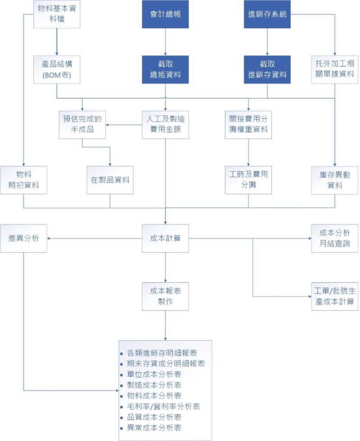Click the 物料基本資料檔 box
click(x=57, y=14)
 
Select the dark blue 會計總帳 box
click(x=165, y=14)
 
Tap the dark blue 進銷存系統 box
click(x=267, y=14)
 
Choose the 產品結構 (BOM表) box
click(x=57, y=69)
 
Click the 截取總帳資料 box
click(x=165, y=69)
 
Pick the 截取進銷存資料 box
click(x=267, y=69)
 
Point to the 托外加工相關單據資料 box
click(x=335, y=69)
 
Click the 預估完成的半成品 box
click(x=82, y=125)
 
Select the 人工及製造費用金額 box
click(x=165, y=125)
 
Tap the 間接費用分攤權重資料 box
click(x=248, y=125)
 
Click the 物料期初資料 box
click(x=24, y=180)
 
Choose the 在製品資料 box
click(x=110, y=180)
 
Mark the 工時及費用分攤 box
click(x=248, y=180)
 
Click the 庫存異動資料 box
click(x=335, y=180)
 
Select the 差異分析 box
click(x=24, y=238)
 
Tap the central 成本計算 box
click(x=165, y=238)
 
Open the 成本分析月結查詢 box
click(x=335, y=239)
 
